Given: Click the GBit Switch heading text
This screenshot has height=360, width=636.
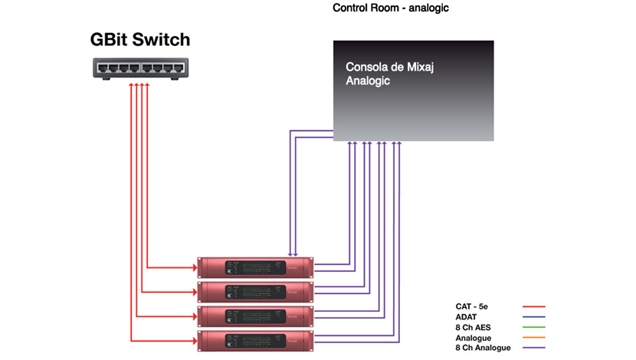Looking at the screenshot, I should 139,39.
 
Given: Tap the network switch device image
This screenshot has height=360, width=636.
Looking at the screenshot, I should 139,69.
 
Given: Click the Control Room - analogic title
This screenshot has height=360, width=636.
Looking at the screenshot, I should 390,8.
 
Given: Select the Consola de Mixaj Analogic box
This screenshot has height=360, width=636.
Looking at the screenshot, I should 413,90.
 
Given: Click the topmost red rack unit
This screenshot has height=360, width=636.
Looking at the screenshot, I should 255,267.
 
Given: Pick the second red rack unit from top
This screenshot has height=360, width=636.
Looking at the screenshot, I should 255,292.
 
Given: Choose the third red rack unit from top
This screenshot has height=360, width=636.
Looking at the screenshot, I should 255,316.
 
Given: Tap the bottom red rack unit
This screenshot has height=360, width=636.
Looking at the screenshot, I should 255,341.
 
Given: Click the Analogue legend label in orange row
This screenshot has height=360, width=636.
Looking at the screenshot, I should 474,338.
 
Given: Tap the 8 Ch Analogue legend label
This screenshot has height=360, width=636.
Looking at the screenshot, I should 483,348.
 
